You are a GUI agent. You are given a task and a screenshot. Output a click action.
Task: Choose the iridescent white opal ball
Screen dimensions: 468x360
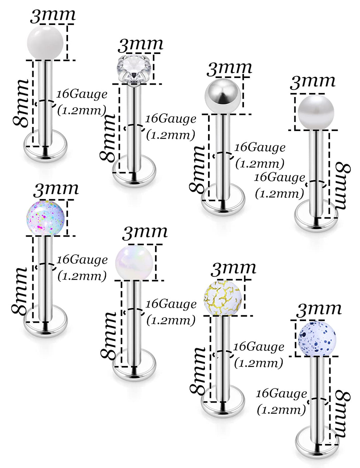pyautogui.click(x=134, y=262)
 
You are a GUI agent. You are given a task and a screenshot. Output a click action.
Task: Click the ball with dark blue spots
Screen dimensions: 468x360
pyautogui.click(x=317, y=338)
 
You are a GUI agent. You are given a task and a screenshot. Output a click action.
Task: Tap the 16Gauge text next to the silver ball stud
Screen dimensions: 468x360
pyautogui.click(x=260, y=148)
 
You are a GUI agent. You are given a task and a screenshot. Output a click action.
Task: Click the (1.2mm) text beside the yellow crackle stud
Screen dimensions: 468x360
pyautogui.click(x=259, y=363)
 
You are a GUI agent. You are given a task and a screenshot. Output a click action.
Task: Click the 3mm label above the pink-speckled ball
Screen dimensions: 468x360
pyautogui.click(x=56, y=189)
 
